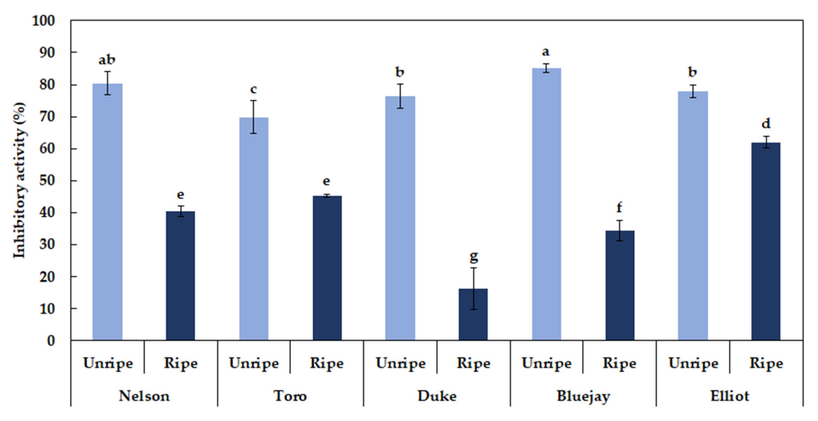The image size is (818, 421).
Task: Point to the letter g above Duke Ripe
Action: (x=474, y=257)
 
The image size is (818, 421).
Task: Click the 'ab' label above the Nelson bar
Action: (x=107, y=60)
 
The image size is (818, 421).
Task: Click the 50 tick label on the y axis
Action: (x=47, y=181)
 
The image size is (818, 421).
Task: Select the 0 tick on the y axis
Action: (x=51, y=341)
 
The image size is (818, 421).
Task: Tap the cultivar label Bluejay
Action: (x=583, y=396)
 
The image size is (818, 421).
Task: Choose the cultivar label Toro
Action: (x=290, y=396)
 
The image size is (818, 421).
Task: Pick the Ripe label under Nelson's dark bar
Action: (x=180, y=363)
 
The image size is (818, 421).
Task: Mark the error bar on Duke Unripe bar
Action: (x=400, y=96)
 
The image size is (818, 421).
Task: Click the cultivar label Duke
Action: (x=437, y=396)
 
